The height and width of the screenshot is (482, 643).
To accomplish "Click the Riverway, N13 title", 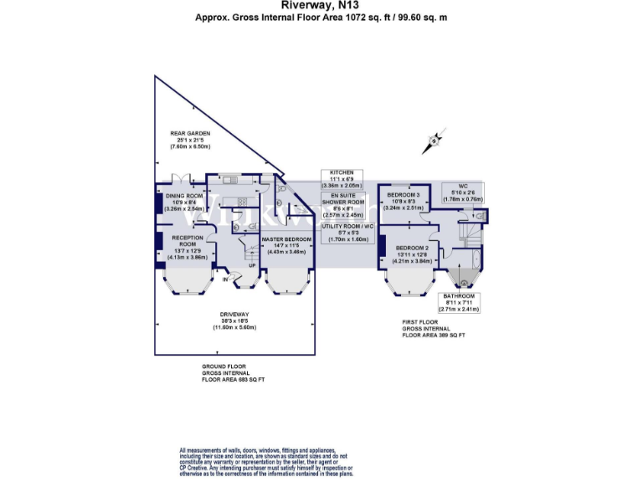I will [x=321, y=5].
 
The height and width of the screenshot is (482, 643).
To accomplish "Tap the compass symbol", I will [x=434, y=140].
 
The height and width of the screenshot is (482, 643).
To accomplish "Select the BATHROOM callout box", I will [x=459, y=302].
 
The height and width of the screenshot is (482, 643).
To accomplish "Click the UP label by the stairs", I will [x=251, y=266].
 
